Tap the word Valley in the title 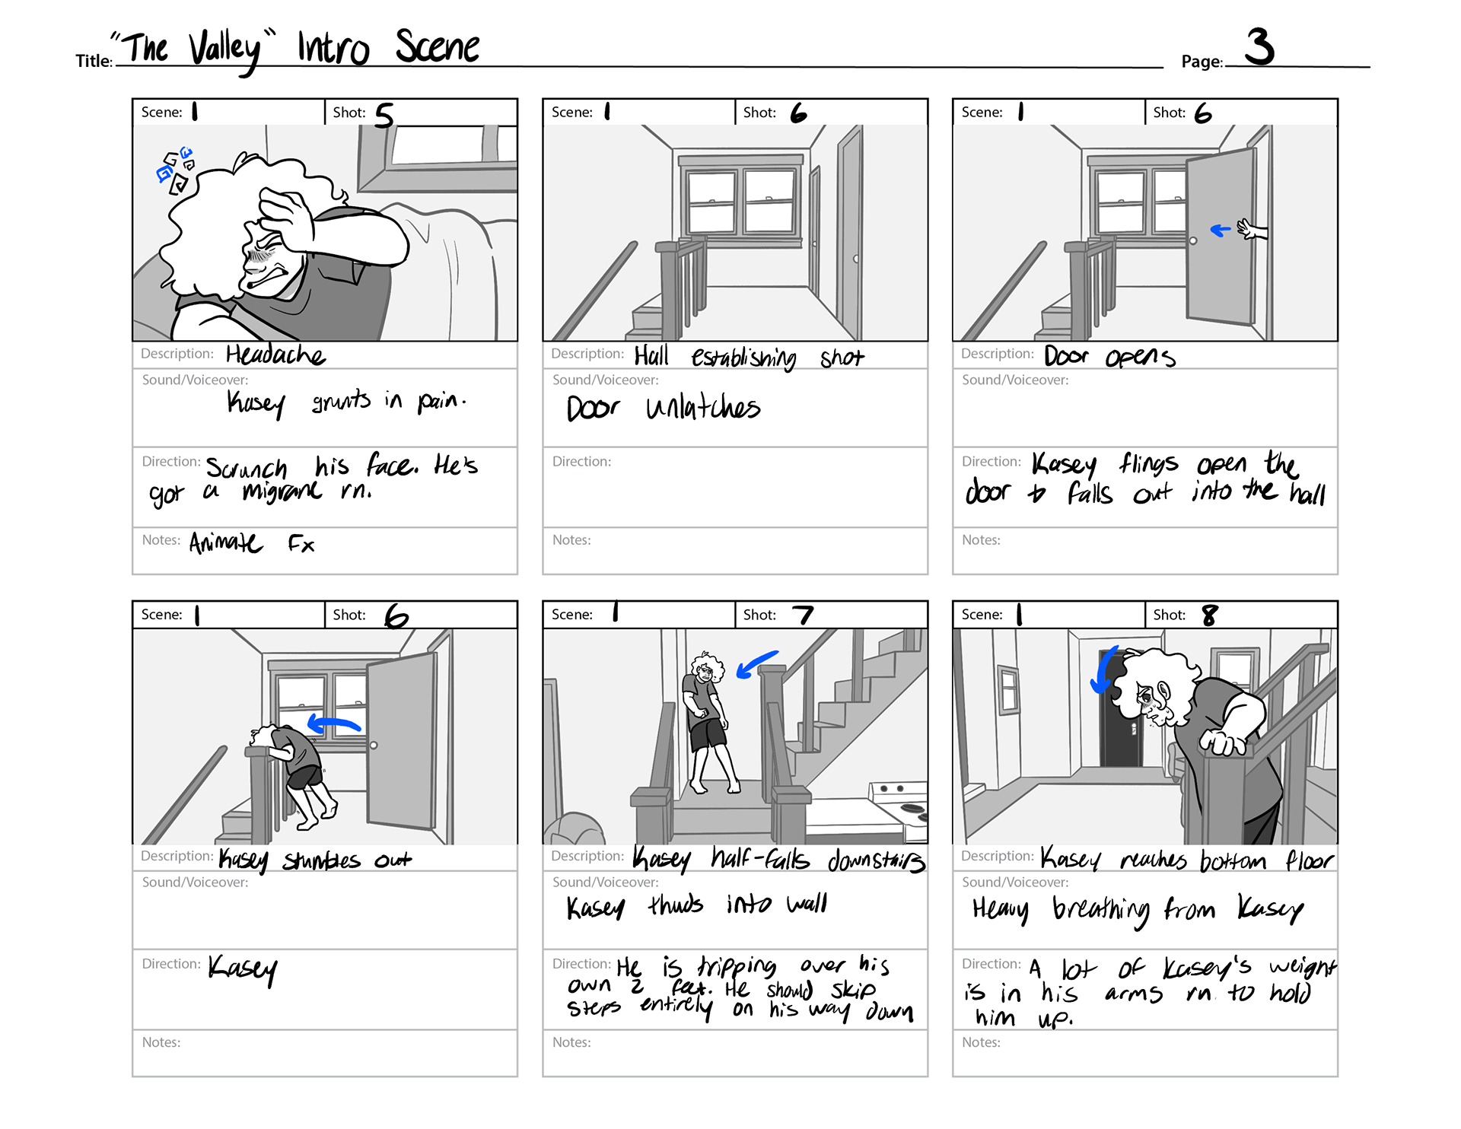pos(225,50)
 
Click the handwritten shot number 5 pos(384,116)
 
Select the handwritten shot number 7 pos(803,615)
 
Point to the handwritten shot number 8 pos(1209,615)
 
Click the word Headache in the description pos(275,355)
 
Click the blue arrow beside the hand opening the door pos(1221,230)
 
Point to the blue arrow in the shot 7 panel pos(757,664)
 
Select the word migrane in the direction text pos(282,491)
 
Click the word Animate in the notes pos(225,543)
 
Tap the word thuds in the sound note pos(676,905)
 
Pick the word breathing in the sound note pos(1101,910)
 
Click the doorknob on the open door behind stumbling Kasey pos(374,745)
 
